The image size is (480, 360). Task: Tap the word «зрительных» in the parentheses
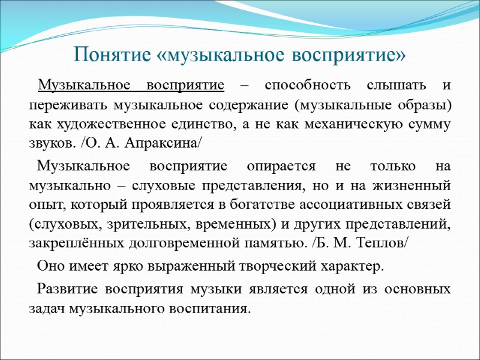130,223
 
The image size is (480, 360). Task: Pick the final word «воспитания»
211,308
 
